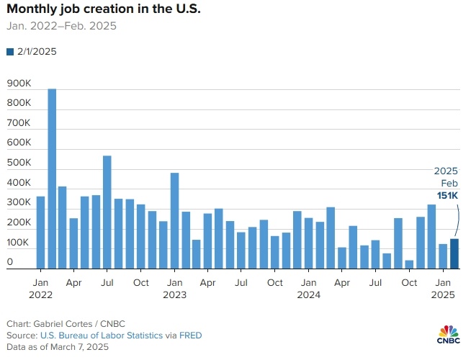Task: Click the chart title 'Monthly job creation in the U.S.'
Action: [104, 10]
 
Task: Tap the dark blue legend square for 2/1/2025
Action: [10, 52]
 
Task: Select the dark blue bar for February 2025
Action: [454, 253]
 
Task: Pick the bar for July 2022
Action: [107, 212]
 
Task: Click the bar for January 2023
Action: [174, 220]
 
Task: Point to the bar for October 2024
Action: [409, 264]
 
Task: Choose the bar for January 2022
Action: [40, 232]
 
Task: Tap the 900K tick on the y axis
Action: [19, 84]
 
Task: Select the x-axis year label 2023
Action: [174, 294]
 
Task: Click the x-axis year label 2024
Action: [308, 294]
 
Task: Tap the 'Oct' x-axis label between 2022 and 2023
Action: [140, 283]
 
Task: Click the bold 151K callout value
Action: [447, 195]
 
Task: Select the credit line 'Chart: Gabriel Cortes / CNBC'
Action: [62, 324]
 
